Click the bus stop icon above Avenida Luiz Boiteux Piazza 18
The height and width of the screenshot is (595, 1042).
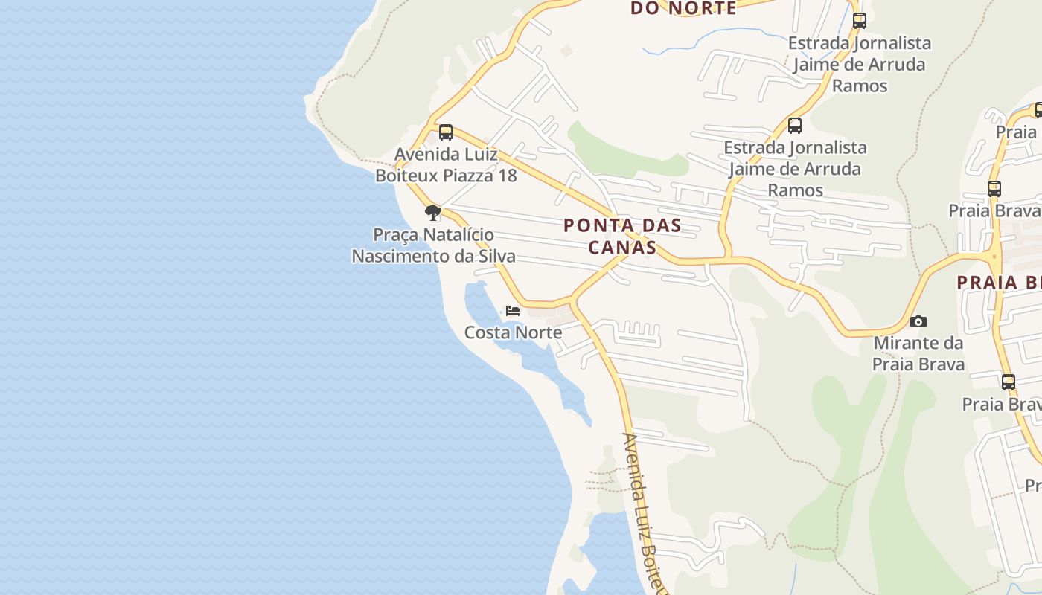(x=445, y=132)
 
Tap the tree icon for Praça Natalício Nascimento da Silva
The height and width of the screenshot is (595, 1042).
(x=432, y=213)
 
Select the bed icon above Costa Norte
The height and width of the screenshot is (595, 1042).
(x=512, y=311)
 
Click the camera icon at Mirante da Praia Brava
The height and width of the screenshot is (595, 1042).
(x=918, y=322)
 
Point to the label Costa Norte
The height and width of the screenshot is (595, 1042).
(x=513, y=332)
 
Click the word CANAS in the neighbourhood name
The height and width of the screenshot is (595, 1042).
(x=622, y=247)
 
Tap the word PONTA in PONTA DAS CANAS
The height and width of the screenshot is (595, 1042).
(x=592, y=225)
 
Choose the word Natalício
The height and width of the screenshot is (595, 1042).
(x=458, y=235)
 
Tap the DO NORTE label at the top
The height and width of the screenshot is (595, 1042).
(x=683, y=8)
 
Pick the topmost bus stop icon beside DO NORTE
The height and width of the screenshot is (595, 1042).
(x=860, y=21)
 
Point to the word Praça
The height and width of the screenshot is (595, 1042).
(x=395, y=235)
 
